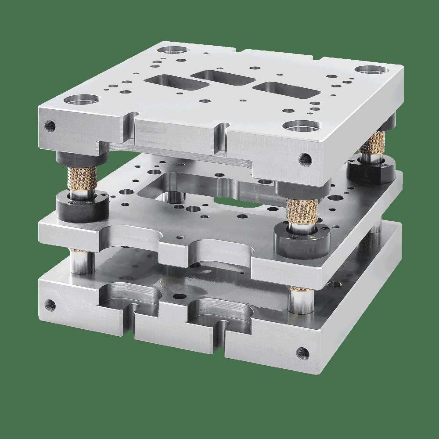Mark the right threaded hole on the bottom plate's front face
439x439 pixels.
302,352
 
